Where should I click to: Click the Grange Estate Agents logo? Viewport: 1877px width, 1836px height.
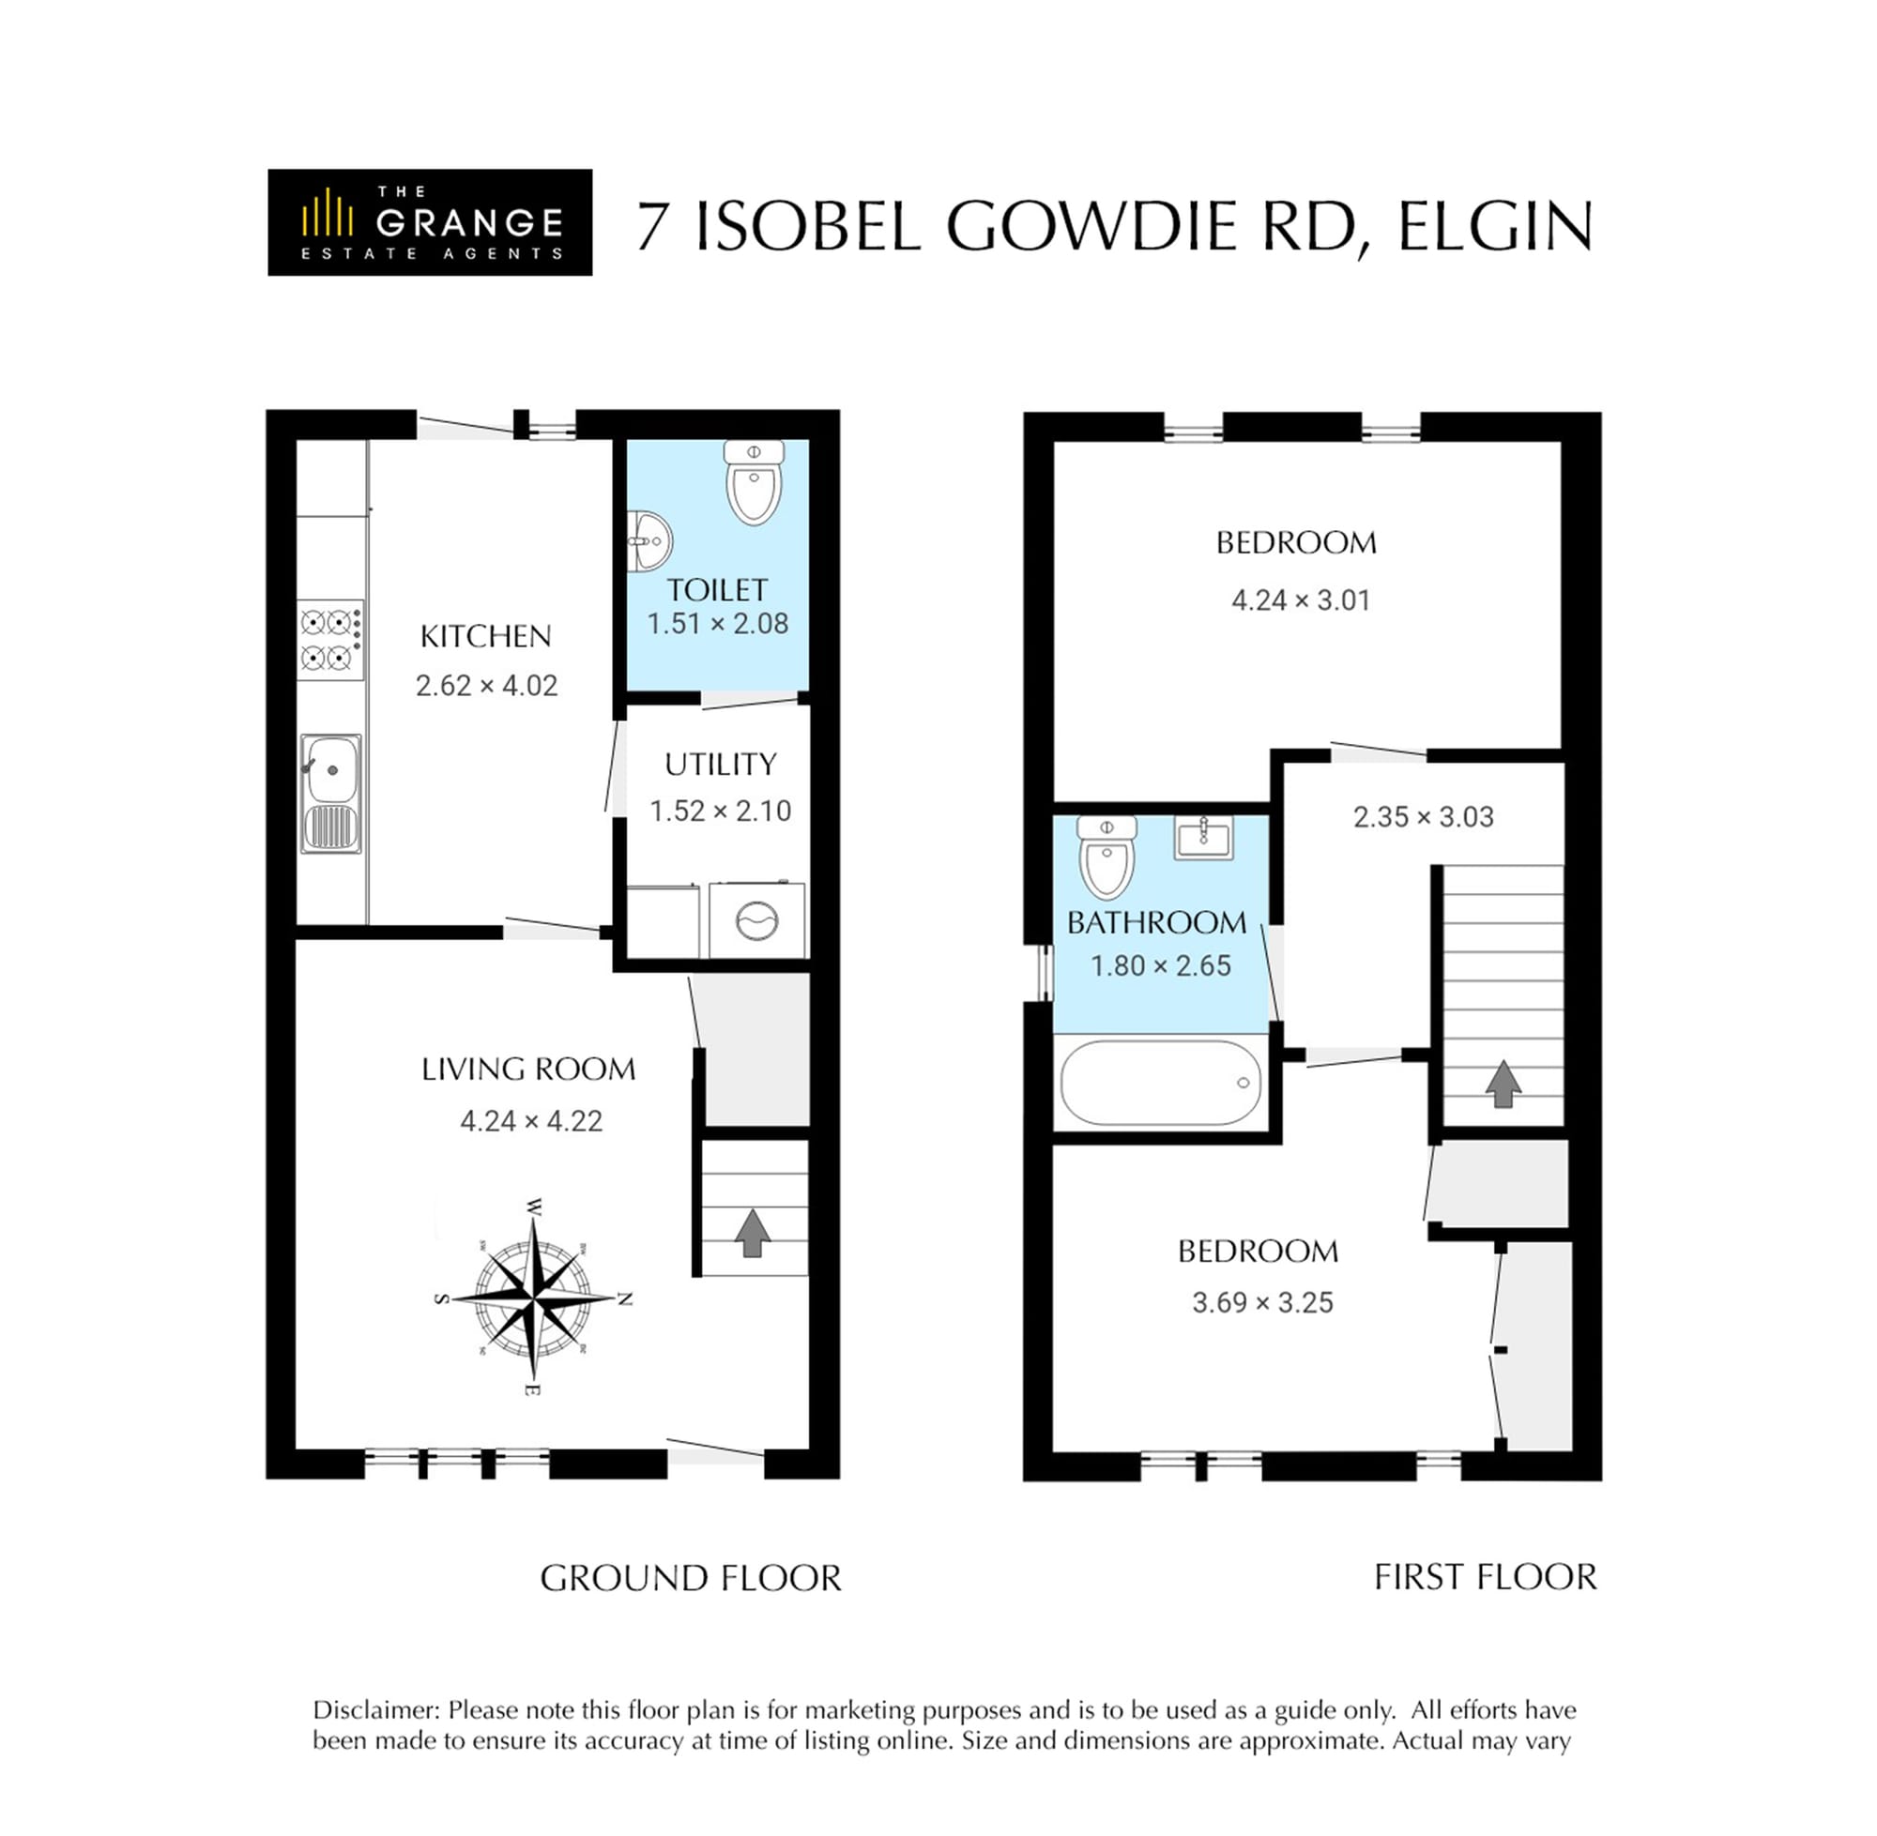429,221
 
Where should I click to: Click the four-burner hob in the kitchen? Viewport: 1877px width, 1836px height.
329,640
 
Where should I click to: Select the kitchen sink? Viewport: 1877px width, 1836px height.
331,794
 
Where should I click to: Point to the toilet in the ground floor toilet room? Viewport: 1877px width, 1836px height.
754,482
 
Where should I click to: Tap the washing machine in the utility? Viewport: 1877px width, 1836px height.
757,920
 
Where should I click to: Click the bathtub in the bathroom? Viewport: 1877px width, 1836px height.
1160,1082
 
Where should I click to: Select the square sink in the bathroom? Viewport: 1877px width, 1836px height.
1203,837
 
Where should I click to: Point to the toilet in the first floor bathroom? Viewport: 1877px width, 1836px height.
1106,857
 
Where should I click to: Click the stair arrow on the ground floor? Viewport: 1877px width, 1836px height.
753,1234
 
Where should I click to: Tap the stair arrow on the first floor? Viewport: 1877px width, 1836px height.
1503,1084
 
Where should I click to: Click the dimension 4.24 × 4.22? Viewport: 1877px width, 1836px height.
531,1120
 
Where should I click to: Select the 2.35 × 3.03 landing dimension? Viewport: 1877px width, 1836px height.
1423,817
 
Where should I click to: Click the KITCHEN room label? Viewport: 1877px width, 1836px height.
485,636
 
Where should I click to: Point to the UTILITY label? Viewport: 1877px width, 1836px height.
721,765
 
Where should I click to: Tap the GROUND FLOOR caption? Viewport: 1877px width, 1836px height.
691,1579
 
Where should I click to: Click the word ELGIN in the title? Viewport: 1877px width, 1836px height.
1495,228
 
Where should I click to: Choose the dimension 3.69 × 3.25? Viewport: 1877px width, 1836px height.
1262,1303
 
